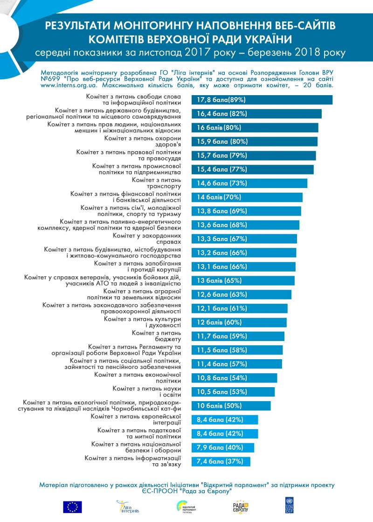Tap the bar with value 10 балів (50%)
pos(231,406)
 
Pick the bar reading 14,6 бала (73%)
pos(249,183)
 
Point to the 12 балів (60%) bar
pos(239,322)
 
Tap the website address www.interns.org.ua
pos(70,86)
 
